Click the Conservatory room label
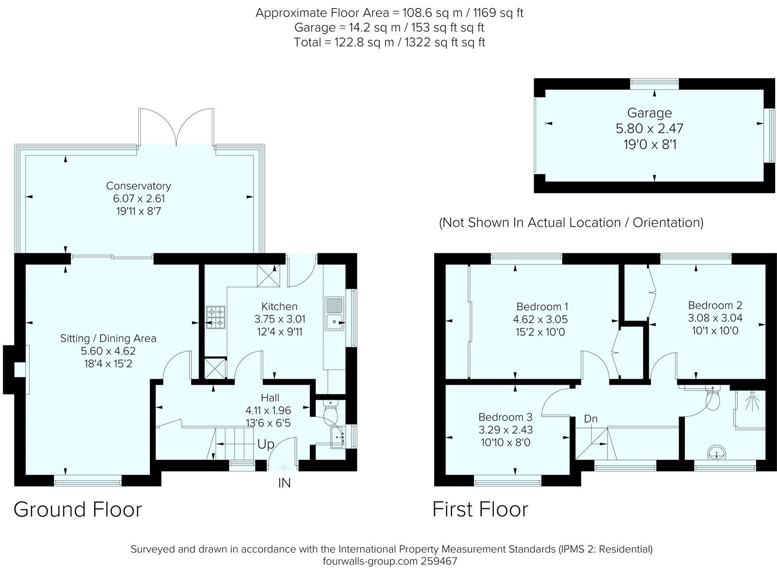click(138, 186)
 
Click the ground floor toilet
click(331, 410)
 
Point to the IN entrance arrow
click(285, 468)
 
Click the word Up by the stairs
click(266, 444)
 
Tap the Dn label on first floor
click(591, 419)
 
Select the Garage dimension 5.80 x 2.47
click(649, 129)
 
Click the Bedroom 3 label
click(505, 417)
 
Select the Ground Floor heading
click(78, 510)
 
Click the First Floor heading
click(480, 510)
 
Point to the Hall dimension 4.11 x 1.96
click(268, 410)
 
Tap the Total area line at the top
click(389, 42)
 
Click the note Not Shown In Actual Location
click(571, 223)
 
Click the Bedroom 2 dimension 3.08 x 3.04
click(715, 318)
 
